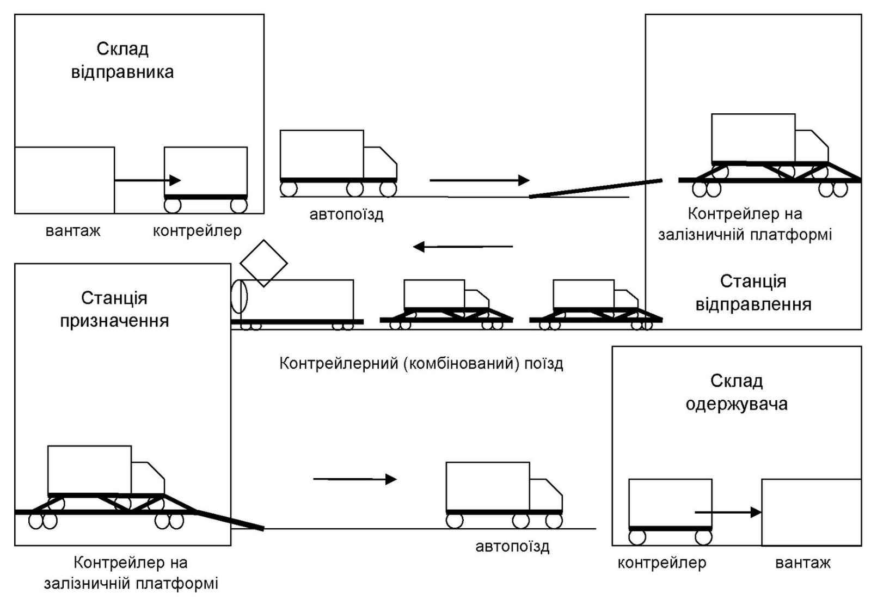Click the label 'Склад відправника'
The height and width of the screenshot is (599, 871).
coord(122,60)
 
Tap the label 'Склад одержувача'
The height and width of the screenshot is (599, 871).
coord(736,393)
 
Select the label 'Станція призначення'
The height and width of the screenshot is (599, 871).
coord(114,309)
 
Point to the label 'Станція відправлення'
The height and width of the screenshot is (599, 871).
coord(753,292)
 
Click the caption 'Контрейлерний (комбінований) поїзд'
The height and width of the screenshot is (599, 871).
coord(421,363)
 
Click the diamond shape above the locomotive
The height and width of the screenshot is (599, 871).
coord(263,263)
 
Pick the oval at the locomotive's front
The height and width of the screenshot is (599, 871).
coord(239,297)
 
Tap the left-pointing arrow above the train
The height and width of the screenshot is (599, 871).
coord(463,247)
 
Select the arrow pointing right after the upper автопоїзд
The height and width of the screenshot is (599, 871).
coord(479,180)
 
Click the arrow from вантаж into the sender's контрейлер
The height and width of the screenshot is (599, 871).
coord(148,180)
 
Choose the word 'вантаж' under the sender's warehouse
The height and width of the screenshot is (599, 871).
coord(73,231)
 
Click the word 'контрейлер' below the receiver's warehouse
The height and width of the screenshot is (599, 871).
coord(661,563)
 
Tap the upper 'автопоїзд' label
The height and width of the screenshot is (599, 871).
coord(346,215)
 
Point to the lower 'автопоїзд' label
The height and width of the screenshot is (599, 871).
coord(512,547)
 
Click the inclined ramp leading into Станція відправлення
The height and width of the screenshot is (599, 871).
coord(596,188)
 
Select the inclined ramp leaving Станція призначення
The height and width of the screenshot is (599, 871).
coord(230,520)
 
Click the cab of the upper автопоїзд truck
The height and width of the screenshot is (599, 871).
coord(380,162)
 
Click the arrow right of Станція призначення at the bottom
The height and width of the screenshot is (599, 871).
coord(355,479)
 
